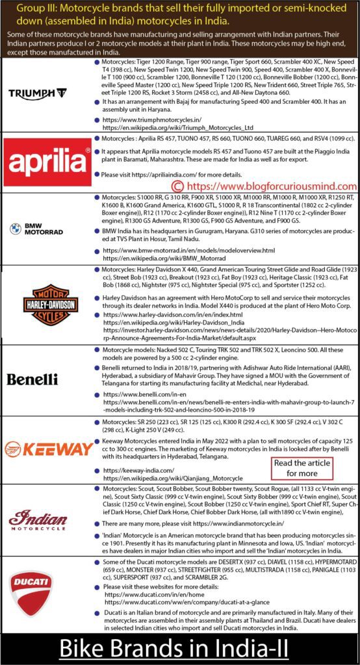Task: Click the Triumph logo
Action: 46,93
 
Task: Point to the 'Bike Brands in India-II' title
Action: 180,648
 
